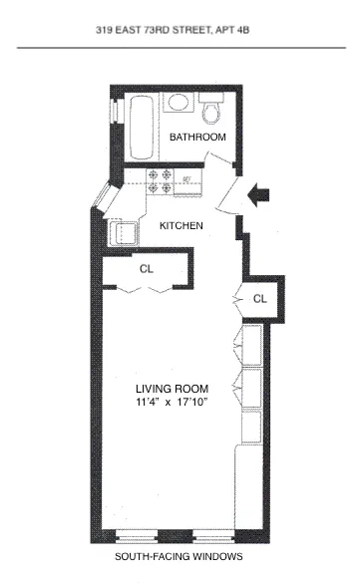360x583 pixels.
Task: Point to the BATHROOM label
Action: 197,137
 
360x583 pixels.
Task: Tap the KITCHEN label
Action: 181,226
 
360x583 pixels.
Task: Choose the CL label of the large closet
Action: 147,269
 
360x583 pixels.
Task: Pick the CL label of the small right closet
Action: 260,298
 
